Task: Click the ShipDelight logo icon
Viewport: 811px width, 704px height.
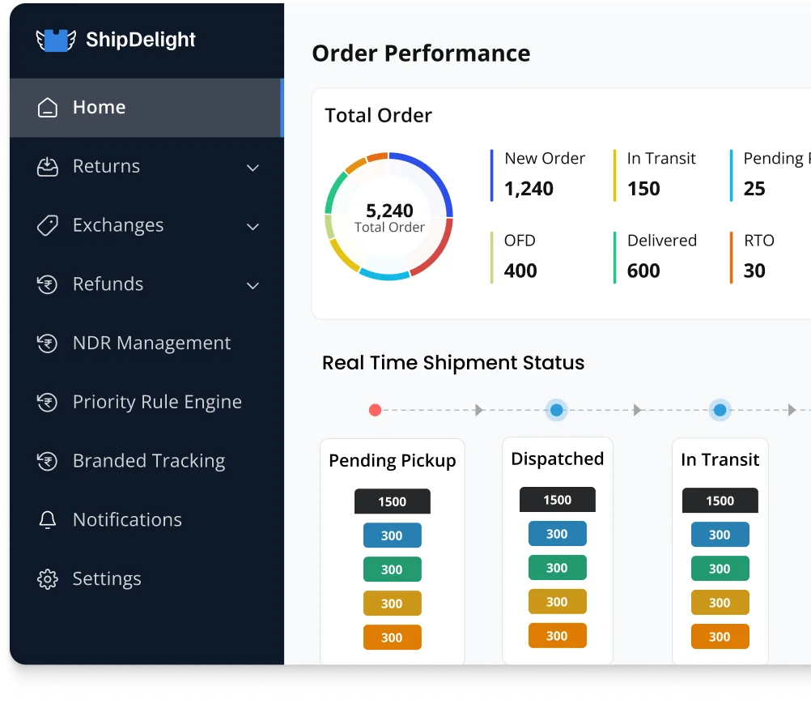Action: [x=56, y=40]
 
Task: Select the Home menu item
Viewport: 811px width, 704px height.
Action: [x=99, y=108]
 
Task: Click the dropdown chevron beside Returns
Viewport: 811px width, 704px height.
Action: [x=253, y=168]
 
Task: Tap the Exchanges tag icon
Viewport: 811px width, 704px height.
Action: [x=48, y=225]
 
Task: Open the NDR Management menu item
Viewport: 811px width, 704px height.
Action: [x=151, y=343]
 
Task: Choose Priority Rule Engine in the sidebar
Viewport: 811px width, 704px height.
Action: [x=157, y=402]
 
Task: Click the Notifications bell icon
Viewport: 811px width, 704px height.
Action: [x=48, y=520]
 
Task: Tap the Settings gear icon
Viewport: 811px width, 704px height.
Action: [x=48, y=579]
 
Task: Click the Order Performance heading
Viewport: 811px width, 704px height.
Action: [x=421, y=53]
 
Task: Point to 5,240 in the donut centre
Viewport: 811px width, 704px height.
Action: [x=389, y=211]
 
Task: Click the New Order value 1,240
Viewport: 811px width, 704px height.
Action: [x=529, y=189]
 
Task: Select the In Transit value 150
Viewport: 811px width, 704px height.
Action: [x=643, y=189]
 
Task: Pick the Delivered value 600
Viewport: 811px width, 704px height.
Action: [x=643, y=271]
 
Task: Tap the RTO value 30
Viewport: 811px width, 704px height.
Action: [x=754, y=271]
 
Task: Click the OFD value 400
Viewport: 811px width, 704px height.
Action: [x=520, y=271]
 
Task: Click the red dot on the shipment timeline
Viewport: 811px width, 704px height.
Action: [x=375, y=410]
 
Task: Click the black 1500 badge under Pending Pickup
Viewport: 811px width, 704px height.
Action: [x=392, y=501]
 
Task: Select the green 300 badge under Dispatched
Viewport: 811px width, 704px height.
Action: [x=557, y=568]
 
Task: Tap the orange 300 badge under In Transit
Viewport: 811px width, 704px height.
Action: [x=720, y=637]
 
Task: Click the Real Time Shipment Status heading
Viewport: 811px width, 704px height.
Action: [x=453, y=363]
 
